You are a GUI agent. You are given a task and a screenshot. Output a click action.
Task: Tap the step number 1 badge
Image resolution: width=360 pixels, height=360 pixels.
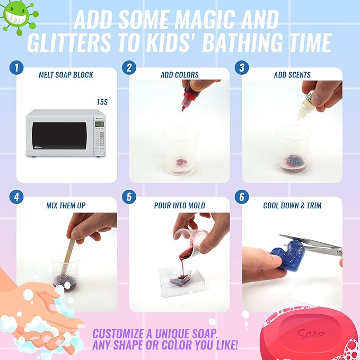[17, 67]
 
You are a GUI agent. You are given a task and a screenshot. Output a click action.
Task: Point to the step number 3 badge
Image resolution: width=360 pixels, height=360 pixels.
[242, 67]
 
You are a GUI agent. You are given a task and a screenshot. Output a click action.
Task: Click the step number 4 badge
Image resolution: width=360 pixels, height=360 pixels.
[17, 197]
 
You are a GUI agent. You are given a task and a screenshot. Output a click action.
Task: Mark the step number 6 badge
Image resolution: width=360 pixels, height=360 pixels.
[242, 197]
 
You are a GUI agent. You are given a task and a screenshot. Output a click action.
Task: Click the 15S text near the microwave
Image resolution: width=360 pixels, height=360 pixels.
[102, 101]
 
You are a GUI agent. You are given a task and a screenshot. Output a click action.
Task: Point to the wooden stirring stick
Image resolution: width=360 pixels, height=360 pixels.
[67, 257]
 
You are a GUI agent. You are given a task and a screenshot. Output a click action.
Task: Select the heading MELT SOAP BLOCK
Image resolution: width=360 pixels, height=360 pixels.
[66, 75]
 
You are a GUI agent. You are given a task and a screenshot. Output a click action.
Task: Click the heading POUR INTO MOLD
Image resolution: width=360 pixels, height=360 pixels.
[179, 205]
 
